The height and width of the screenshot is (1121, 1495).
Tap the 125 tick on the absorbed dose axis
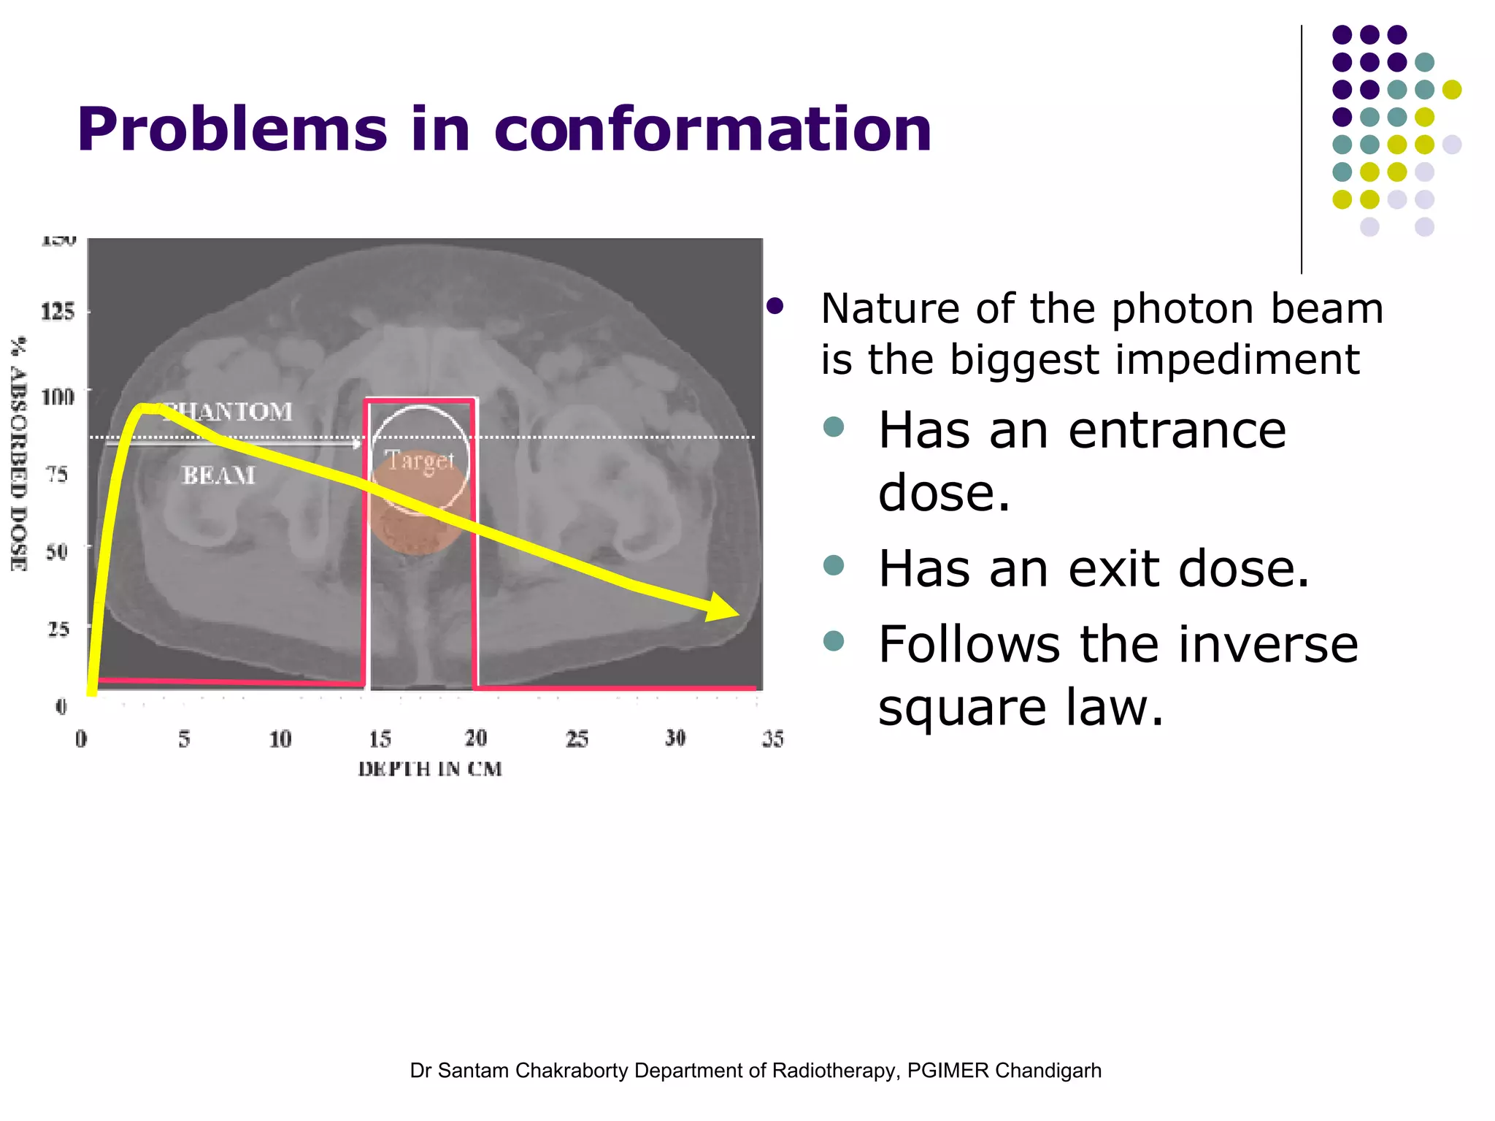[58, 312]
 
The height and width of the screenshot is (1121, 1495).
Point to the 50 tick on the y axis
[57, 550]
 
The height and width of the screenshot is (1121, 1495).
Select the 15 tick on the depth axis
[380, 739]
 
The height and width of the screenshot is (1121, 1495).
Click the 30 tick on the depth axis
[675, 738]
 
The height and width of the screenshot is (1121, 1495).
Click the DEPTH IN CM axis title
[430, 769]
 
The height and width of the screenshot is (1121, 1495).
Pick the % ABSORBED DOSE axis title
[19, 453]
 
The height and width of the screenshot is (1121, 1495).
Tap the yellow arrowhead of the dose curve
[723, 607]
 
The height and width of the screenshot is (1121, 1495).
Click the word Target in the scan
[420, 460]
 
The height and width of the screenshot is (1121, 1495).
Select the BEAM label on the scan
[218, 475]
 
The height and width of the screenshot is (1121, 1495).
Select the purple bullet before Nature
[775, 307]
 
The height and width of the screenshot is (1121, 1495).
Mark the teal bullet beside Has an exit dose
[833, 565]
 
